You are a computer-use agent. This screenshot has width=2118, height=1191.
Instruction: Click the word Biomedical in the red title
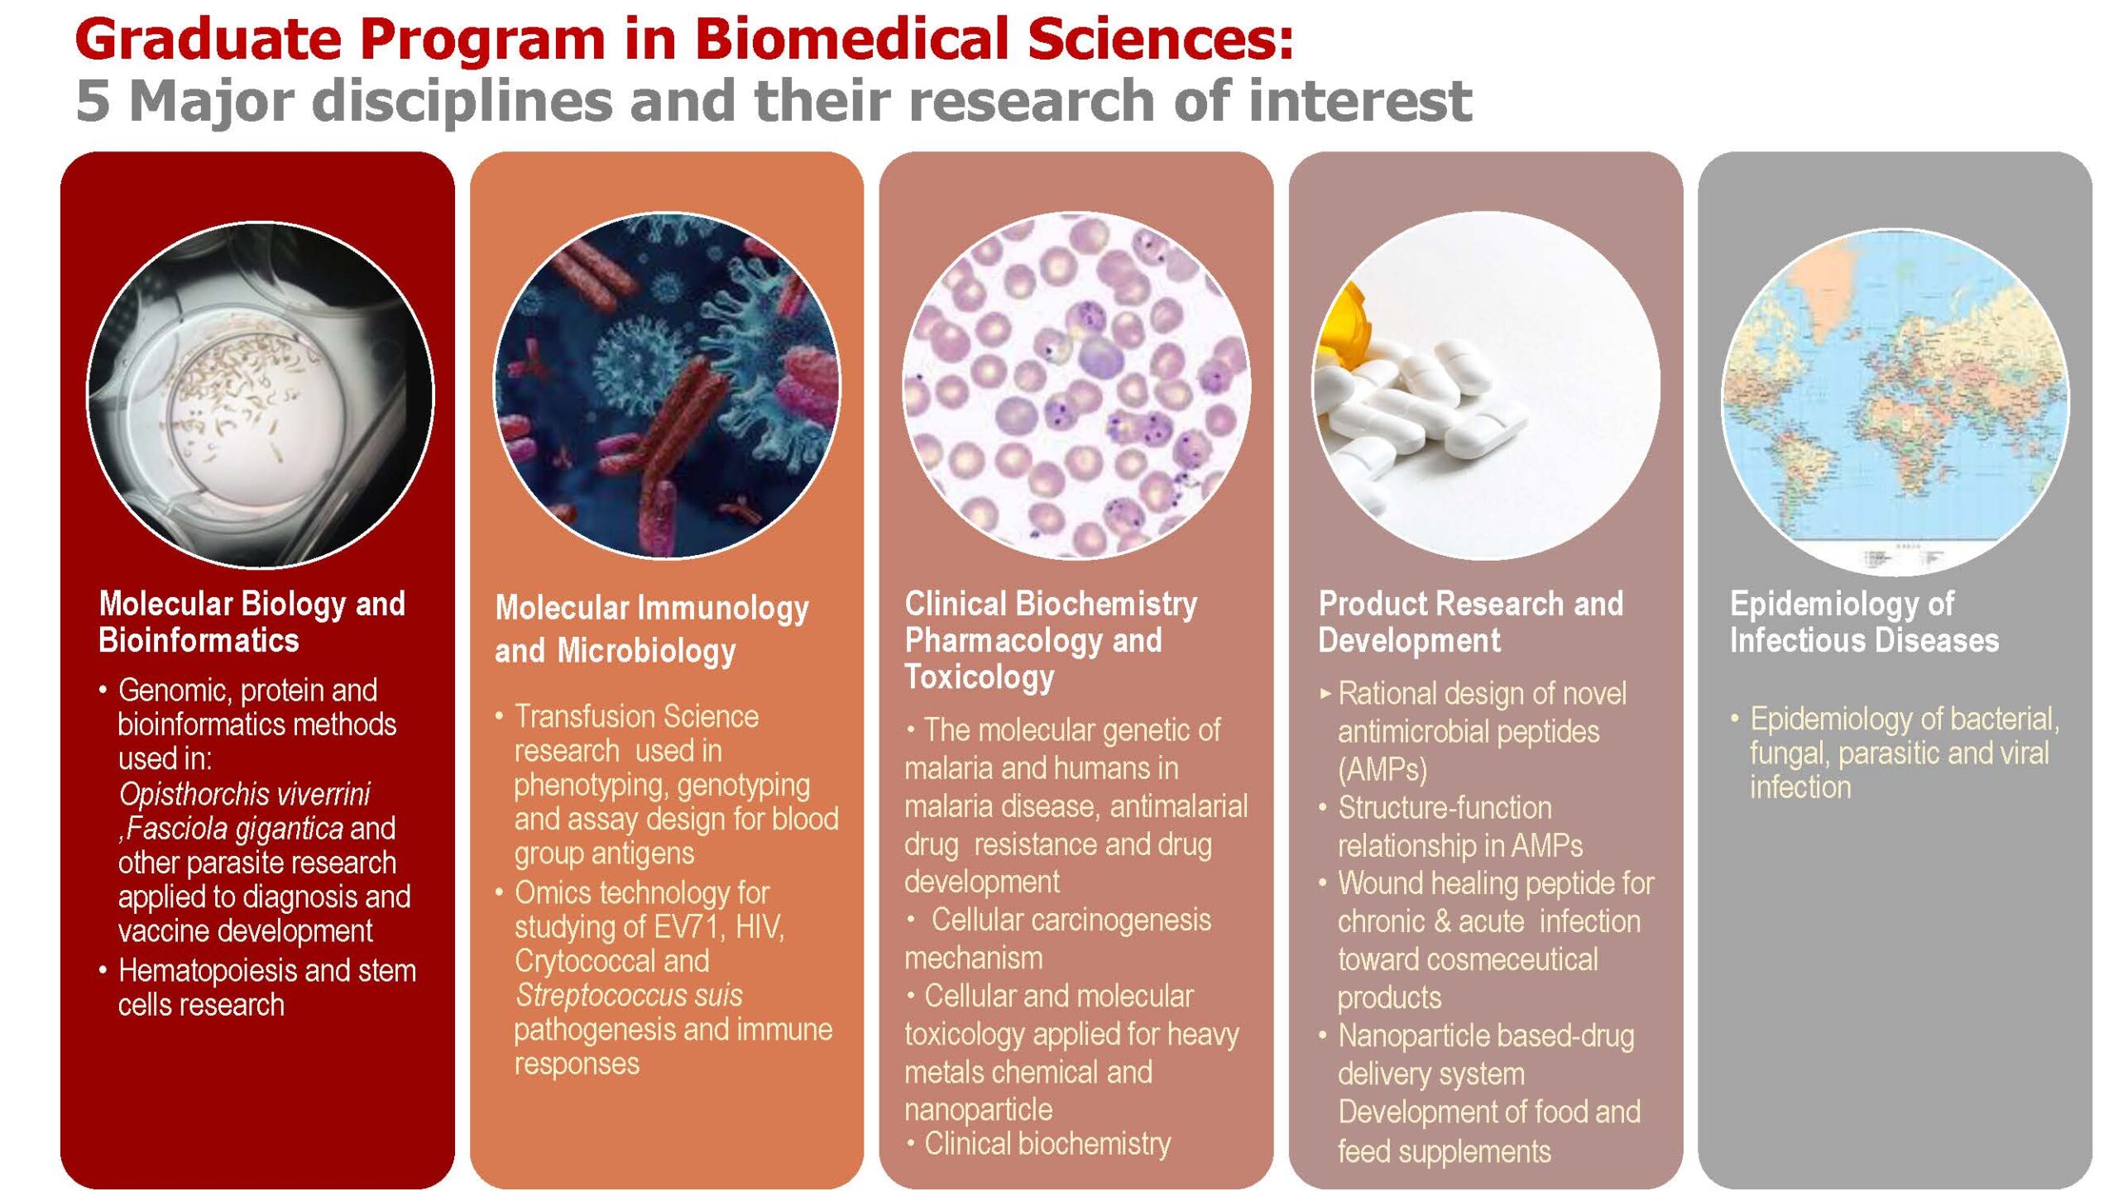(851, 39)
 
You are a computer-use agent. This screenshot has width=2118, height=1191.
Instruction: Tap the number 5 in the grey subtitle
(93, 101)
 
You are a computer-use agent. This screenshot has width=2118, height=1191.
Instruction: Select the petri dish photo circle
(260, 395)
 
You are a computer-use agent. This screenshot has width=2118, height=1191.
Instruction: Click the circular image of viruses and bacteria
(667, 385)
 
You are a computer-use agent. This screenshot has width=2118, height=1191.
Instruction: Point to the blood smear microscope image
(1076, 385)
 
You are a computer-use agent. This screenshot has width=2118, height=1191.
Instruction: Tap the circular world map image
(1895, 403)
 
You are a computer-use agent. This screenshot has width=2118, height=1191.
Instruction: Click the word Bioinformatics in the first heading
(199, 640)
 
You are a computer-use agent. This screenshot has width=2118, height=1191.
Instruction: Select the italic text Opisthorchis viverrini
(244, 794)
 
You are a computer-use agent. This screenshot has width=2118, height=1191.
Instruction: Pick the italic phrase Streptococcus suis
(629, 995)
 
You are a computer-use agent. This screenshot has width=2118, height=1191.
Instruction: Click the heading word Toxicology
(980, 677)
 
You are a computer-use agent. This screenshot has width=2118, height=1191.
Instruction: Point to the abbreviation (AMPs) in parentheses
(1382, 769)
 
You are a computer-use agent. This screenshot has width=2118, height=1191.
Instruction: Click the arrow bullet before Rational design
(1325, 694)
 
